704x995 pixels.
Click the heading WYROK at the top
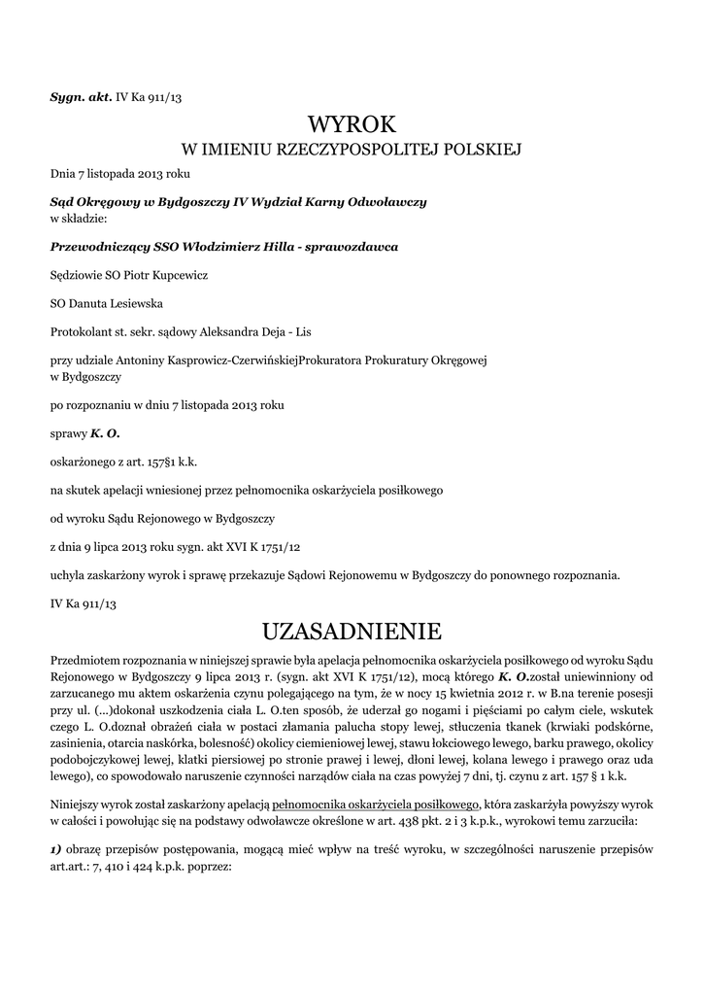pos(352,124)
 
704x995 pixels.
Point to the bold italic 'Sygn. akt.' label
pos(81,99)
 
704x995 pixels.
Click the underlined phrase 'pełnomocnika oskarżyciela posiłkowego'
pos(377,805)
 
